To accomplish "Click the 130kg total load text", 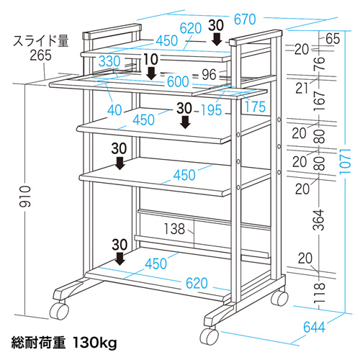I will tap(96, 339).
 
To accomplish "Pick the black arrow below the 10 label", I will tap(151, 73).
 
